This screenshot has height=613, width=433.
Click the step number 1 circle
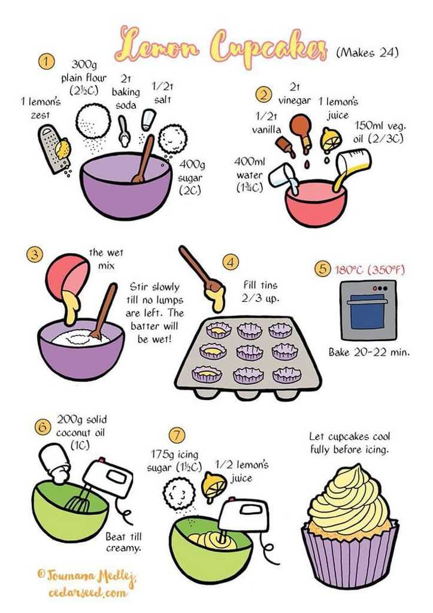(x=47, y=62)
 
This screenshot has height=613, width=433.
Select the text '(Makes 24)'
(x=367, y=53)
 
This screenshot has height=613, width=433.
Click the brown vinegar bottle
(x=302, y=132)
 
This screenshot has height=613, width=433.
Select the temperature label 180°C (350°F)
(x=370, y=270)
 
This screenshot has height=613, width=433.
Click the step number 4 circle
(x=231, y=262)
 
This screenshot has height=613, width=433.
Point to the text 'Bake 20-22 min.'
(x=369, y=352)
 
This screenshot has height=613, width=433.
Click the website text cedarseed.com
(x=88, y=593)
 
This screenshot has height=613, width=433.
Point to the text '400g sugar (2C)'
(x=191, y=177)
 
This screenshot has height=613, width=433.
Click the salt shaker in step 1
(x=149, y=120)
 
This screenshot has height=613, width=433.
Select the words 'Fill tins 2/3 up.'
(x=260, y=292)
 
